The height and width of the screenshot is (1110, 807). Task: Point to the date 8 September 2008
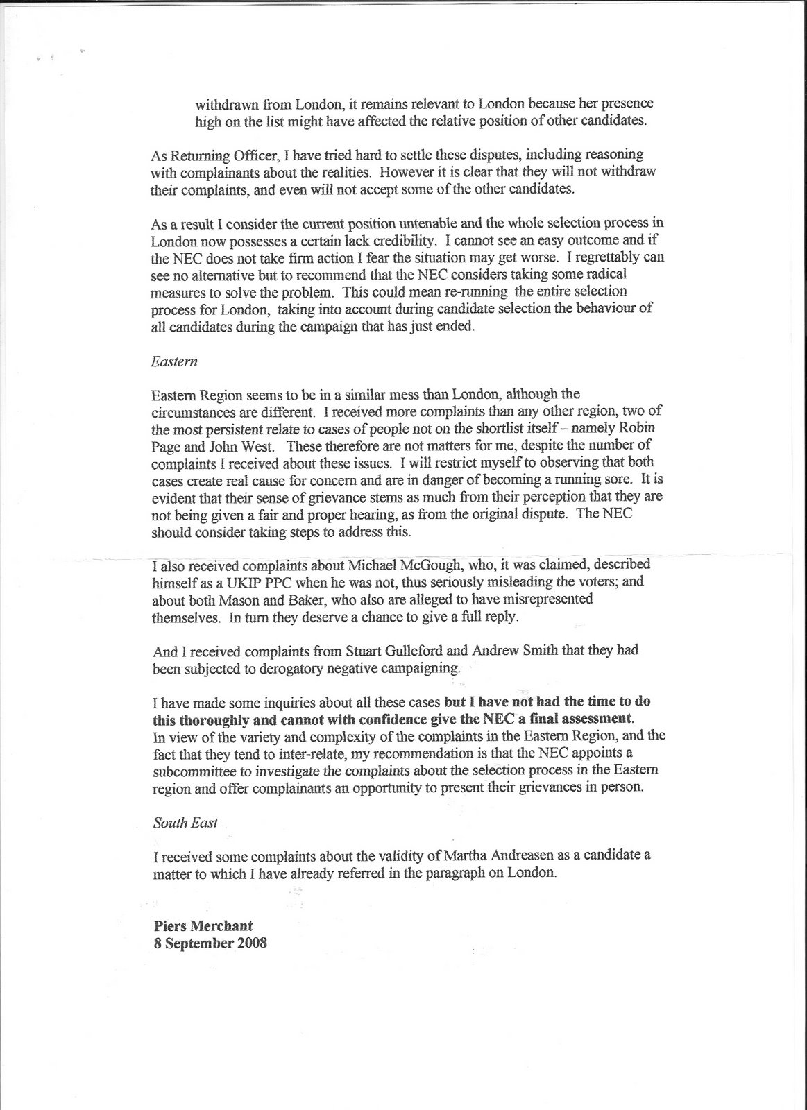210,943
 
